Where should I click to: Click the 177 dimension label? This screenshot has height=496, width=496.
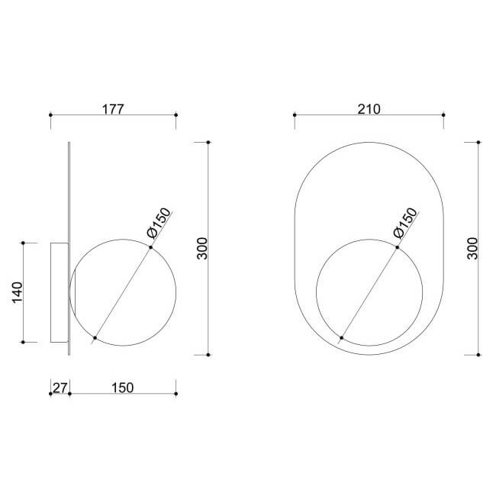(x=113, y=109)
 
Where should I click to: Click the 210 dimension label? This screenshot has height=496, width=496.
(x=369, y=109)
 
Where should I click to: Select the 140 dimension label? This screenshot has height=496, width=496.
(x=18, y=292)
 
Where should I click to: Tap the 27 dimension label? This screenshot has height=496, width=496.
(x=60, y=388)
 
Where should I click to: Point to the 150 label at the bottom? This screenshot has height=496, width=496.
(x=122, y=388)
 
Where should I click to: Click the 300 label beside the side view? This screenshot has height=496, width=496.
(x=202, y=248)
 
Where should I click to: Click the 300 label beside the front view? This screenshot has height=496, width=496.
(x=472, y=248)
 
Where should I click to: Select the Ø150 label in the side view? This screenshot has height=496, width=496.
(x=159, y=223)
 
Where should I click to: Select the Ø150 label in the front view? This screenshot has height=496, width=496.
(x=406, y=223)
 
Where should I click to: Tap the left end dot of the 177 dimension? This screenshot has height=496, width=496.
(x=50, y=114)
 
